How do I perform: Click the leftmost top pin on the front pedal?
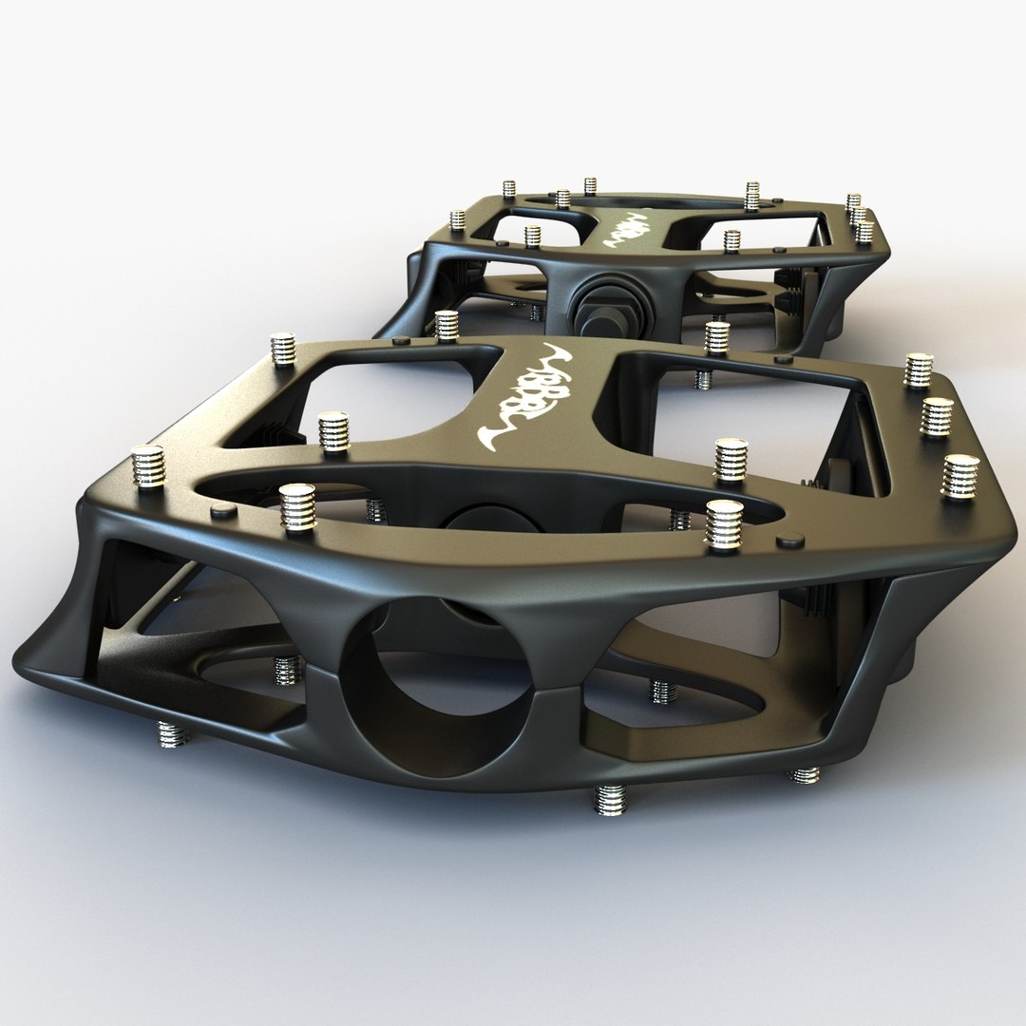click(148, 465)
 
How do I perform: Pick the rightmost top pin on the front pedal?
click(959, 475)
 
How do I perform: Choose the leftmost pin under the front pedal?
click(173, 733)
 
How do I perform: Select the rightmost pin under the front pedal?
click(805, 775)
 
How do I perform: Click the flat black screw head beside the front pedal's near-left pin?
click(223, 510)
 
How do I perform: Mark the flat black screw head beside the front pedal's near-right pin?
click(789, 541)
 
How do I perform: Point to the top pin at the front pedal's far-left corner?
click(283, 349)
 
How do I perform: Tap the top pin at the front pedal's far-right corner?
click(918, 370)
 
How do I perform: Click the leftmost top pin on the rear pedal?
click(457, 219)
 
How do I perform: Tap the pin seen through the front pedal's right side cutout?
click(663, 691)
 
